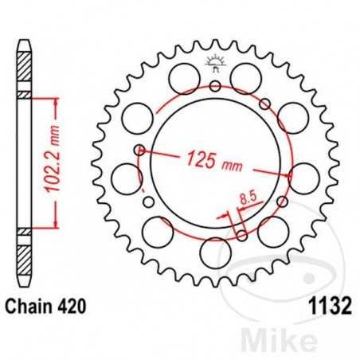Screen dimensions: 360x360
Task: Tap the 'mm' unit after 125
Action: (x=233, y=163)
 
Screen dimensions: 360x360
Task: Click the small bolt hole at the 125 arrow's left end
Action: (x=140, y=149)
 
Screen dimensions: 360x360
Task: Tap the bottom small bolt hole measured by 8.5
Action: (x=241, y=233)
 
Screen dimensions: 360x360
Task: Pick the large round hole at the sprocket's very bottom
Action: (x=215, y=252)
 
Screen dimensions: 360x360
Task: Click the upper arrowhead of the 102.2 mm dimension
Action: (x=55, y=100)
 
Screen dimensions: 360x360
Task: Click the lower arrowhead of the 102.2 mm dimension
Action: (x=55, y=225)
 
